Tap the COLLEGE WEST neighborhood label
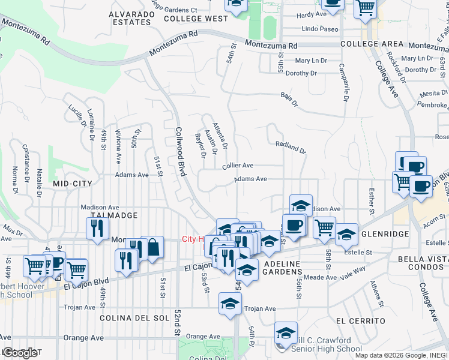click(196, 19)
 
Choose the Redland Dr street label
click(291, 147)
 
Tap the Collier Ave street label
click(238, 166)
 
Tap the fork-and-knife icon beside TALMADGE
click(97, 229)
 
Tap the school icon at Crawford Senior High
click(286, 332)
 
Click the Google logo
click(19, 353)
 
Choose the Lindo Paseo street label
click(320, 29)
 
